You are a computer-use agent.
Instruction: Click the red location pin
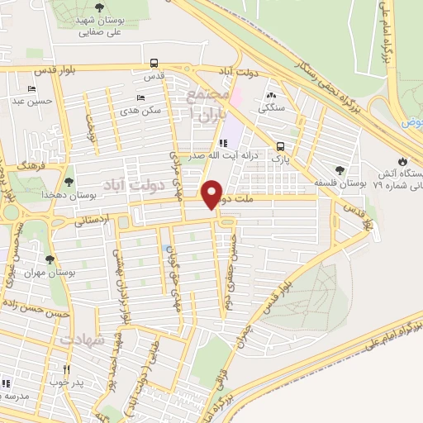point(213,194)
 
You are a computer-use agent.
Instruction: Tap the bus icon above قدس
point(154,63)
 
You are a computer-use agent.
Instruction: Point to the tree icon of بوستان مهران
point(50,259)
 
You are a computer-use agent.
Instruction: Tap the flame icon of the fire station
point(402,161)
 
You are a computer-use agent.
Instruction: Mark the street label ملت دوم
point(253,198)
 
